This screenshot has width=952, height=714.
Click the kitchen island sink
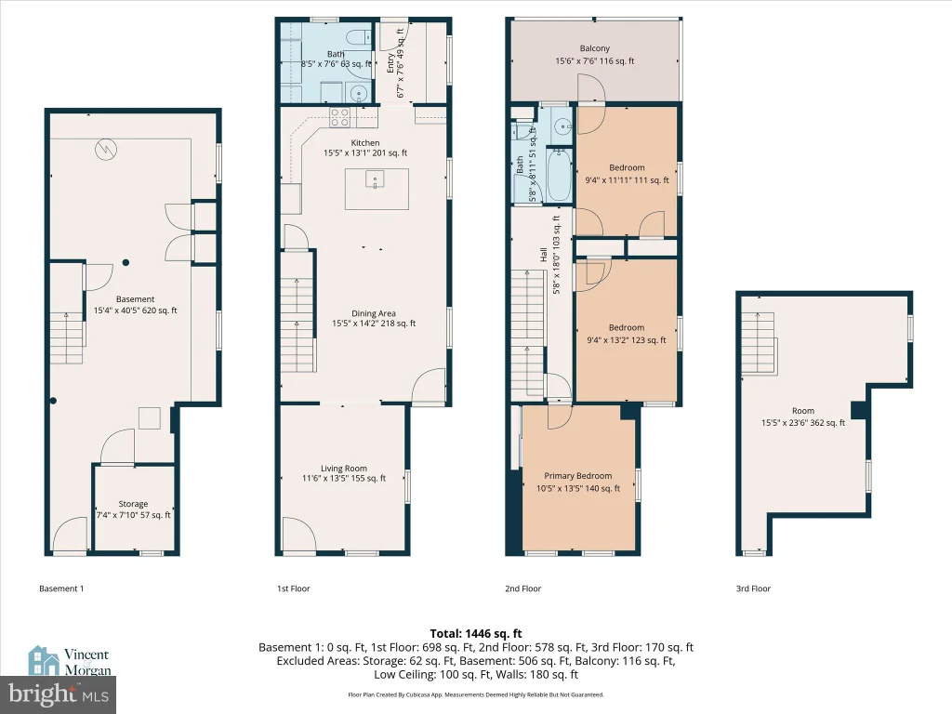coord(376,179)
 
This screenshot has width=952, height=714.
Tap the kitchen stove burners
coord(340,117)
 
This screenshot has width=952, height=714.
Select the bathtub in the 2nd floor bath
coord(559,176)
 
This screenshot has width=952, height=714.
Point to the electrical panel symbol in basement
coord(106,150)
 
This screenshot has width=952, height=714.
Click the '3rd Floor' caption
coord(753,588)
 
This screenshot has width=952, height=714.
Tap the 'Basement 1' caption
coord(61,588)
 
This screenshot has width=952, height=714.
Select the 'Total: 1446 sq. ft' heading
coord(476,634)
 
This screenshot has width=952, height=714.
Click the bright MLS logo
coord(59,694)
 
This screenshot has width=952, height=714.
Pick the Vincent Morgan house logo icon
coord(44,661)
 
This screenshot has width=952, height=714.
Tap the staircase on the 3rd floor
coord(759,344)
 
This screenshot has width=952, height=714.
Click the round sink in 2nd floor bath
coord(563,126)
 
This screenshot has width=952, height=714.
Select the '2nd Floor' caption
coord(522,588)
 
